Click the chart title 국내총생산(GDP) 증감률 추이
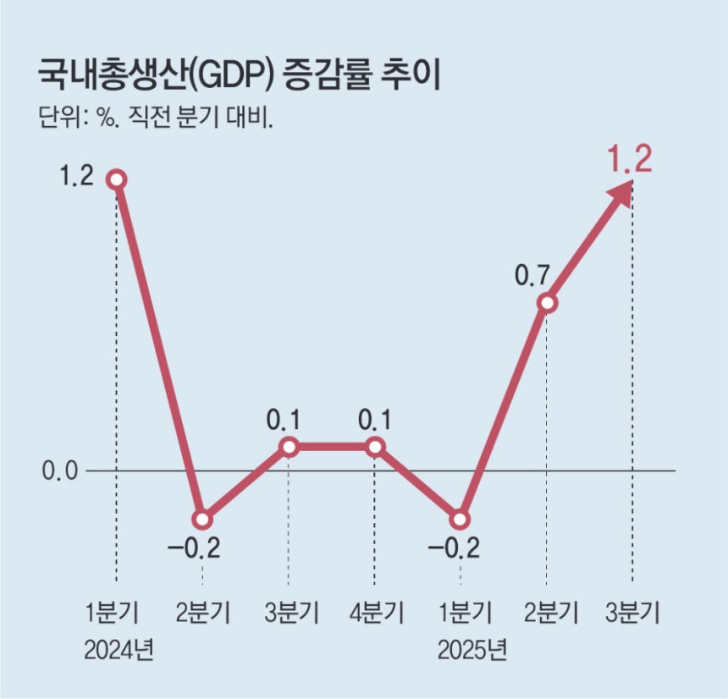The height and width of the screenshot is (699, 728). tap(240, 75)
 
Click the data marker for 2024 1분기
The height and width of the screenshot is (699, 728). tap(116, 179)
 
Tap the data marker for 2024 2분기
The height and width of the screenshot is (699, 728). tap(201, 519)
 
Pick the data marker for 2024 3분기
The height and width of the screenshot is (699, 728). tap(289, 446)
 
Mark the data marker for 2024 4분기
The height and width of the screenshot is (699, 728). tap(375, 446)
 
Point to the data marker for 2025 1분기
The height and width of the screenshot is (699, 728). tap(461, 519)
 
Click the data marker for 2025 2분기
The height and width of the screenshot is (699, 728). tap(547, 302)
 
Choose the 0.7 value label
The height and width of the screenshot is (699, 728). tap(533, 276)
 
